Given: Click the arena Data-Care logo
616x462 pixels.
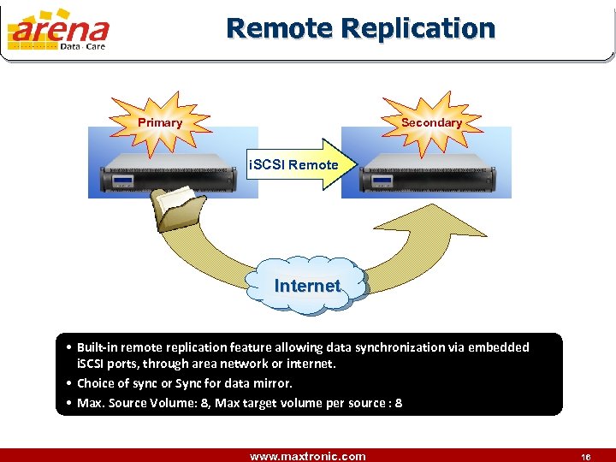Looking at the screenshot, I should pos(58,32).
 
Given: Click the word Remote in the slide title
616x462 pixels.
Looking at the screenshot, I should pos(279,28).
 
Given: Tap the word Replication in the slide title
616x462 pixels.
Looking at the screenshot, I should pos(418,28).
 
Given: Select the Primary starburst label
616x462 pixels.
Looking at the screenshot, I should pos(160,122).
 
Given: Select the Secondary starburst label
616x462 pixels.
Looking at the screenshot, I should pos(431,122).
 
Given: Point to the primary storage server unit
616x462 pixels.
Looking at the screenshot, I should pos(171,179).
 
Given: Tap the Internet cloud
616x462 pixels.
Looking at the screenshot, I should pos(307,286).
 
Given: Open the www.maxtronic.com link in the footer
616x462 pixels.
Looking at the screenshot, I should pos(307,456).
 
